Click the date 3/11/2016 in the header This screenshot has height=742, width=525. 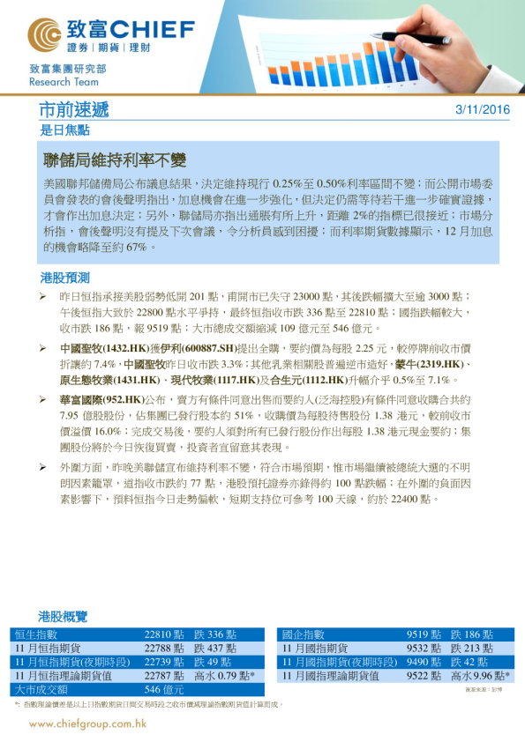483,110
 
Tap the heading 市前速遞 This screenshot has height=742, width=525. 75,110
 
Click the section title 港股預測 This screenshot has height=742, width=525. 64,278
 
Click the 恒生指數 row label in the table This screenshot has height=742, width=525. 36,634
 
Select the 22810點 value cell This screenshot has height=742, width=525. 164,634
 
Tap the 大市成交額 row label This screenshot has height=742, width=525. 41,689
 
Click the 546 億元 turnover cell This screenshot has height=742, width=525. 164,689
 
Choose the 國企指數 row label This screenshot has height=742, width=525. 304,634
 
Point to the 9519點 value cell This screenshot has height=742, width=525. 424,634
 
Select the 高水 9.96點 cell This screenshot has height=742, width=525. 481,676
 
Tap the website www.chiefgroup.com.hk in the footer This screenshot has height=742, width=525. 86,723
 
